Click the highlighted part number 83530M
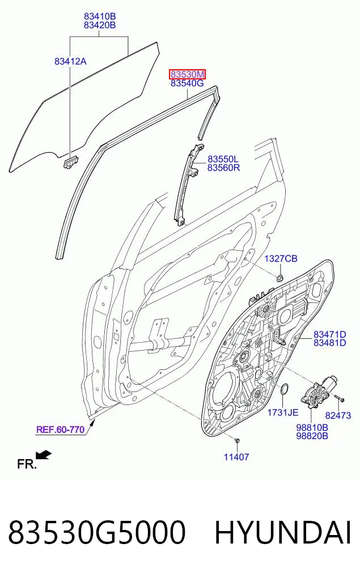tap(187, 74)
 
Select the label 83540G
tap(187, 83)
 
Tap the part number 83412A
tap(71, 61)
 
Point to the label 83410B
tap(100, 16)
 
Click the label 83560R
tap(223, 168)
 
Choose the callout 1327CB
tap(281, 259)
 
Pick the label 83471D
tap(330, 335)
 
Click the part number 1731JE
tap(282, 412)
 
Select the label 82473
tap(338, 415)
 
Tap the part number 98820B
tap(312, 436)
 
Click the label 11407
tap(236, 457)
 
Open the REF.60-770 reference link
tap(60, 429)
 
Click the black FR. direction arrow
tap(44, 455)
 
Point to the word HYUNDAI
tap(283, 533)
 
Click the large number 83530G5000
tap(97, 533)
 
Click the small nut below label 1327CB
tap(280, 277)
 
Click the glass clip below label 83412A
tap(71, 162)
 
